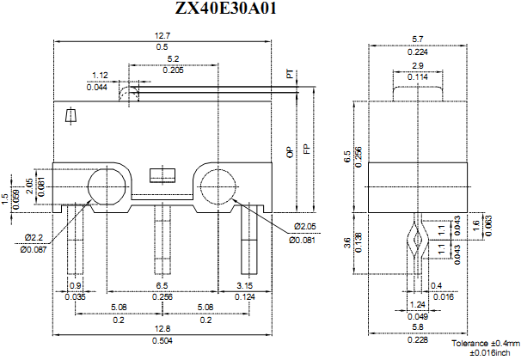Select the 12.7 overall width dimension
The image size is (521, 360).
(162, 35)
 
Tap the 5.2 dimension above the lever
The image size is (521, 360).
(175, 59)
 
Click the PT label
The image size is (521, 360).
(290, 75)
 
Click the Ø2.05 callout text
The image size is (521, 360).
(306, 227)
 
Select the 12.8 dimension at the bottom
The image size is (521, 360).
(162, 328)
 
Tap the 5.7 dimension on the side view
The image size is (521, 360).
(417, 39)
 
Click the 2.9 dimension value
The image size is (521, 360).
(417, 66)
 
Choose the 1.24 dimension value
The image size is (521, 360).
(417, 305)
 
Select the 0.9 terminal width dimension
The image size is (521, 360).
(76, 285)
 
